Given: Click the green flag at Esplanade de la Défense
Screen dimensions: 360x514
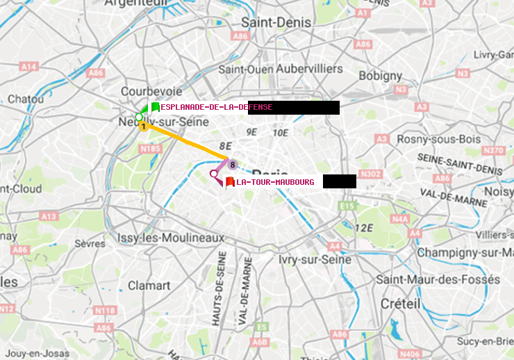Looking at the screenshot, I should [154, 108].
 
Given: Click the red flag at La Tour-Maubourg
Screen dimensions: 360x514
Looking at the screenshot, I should [229, 182].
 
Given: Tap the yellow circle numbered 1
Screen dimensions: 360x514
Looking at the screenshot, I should [143, 126].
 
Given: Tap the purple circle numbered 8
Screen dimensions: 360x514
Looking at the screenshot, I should [233, 165].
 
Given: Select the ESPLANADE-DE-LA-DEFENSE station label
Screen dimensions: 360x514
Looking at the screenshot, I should [216, 108].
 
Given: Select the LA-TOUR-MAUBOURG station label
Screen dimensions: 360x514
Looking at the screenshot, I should [275, 182].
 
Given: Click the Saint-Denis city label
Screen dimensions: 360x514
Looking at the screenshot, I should [276, 22].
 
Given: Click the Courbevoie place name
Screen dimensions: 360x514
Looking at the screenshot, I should [151, 91].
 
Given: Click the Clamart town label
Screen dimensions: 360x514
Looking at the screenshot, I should [149, 285].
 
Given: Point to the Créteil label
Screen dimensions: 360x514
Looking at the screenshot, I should [400, 304].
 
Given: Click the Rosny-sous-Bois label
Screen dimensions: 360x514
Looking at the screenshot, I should [439, 139].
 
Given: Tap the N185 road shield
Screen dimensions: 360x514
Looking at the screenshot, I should [150, 149].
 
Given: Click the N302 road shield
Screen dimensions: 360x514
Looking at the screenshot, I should [372, 174].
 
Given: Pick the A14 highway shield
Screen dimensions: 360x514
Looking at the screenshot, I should [28, 67].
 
